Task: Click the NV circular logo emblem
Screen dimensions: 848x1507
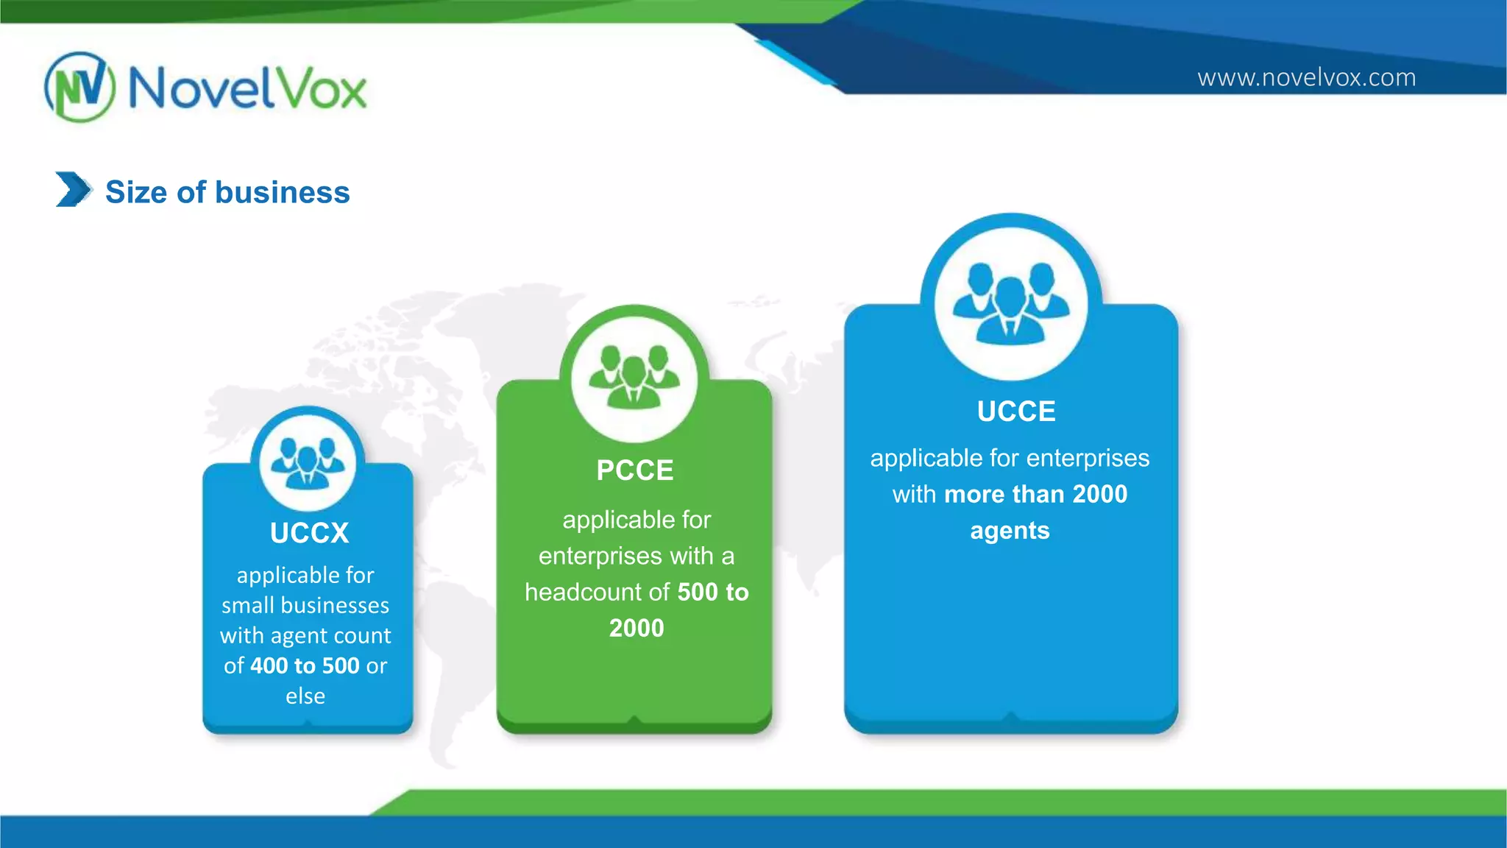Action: (79, 87)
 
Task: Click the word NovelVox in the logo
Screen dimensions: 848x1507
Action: (247, 88)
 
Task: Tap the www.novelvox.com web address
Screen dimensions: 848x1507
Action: (1306, 77)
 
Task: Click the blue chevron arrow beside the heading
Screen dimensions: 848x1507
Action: (73, 189)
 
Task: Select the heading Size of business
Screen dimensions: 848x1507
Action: (227, 192)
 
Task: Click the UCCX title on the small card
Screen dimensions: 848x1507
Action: (309, 533)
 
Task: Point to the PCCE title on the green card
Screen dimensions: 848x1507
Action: (635, 470)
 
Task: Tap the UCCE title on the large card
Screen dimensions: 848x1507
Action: (1016, 411)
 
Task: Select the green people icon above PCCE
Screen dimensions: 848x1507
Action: (634, 376)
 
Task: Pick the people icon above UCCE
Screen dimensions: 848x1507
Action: (1011, 302)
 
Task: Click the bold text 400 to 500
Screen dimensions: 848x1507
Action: (305, 665)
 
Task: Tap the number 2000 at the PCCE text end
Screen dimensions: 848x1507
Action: (637, 628)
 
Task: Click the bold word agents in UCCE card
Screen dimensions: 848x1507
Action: (1010, 531)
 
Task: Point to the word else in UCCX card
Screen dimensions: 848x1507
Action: (305, 696)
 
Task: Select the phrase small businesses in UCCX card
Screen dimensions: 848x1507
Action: (305, 605)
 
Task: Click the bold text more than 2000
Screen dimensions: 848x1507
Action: (1035, 494)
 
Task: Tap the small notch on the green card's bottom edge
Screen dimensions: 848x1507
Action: (634, 719)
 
